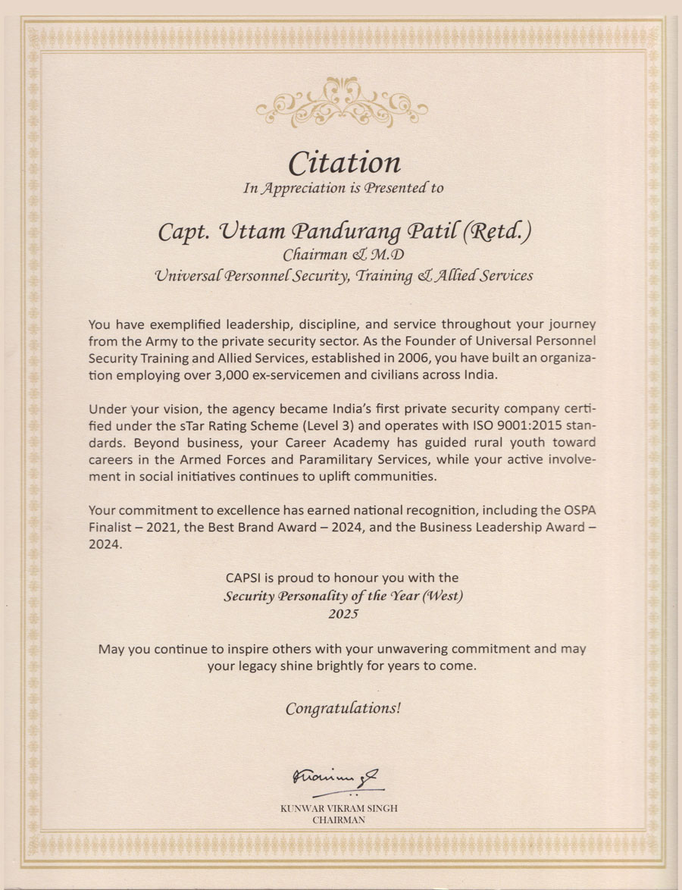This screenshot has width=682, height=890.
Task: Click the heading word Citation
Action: (345, 162)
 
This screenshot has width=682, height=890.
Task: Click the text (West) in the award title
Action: (443, 596)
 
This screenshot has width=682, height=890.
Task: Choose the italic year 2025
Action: (343, 613)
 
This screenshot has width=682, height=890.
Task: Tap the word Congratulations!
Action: (343, 709)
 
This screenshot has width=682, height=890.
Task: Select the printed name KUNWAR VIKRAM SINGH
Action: (339, 809)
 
